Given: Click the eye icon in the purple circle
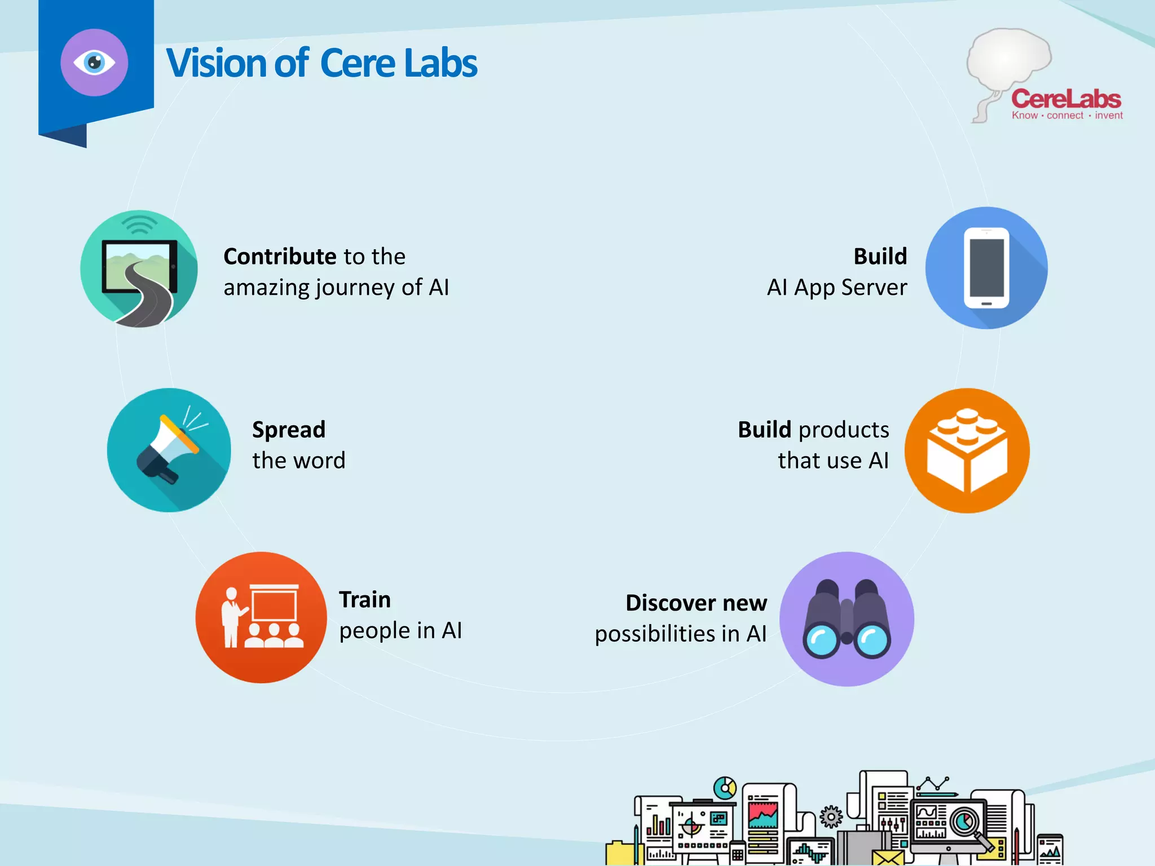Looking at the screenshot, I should tap(94, 63).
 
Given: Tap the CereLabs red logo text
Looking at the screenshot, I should tap(1065, 99).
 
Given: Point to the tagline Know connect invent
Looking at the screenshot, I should tap(1066, 116).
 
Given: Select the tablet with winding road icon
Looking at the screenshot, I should tap(139, 269).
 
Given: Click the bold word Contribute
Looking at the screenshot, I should tap(280, 257).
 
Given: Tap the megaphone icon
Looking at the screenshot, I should tap(168, 450).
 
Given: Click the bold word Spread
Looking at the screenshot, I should tap(288, 430).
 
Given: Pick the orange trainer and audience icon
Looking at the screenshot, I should tap(261, 617).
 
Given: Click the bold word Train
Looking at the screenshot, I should tap(364, 599).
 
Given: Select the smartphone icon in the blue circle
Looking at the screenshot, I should tap(986, 268).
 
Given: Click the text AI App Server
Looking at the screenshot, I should tap(836, 288).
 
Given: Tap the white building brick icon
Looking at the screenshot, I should tap(967, 450).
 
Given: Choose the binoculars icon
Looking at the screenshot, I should tap(847, 619).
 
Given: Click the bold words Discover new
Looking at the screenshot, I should tap(696, 603).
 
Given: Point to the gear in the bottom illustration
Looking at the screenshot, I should tap(831, 816).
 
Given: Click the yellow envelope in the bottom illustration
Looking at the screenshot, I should tap(887, 858).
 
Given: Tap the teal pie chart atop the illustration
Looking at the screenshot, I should tap(725, 788).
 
